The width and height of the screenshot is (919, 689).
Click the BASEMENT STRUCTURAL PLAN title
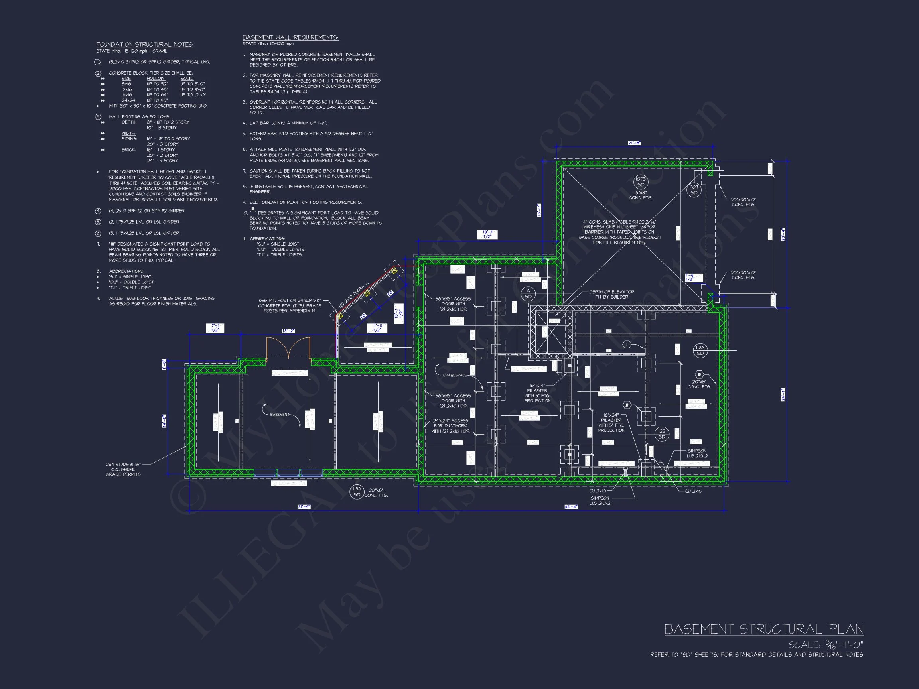[x=763, y=629]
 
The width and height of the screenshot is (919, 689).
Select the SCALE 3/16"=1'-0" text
[x=826, y=645]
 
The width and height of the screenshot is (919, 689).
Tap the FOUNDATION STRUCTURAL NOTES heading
[x=144, y=44]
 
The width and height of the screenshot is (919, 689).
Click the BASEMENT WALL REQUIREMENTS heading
[x=290, y=38]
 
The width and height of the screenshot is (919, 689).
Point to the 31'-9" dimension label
[x=304, y=507]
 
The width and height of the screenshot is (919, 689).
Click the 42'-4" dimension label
[x=570, y=507]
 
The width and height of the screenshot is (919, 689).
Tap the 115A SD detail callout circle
[x=357, y=492]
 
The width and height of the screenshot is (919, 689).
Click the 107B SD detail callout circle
[x=641, y=182]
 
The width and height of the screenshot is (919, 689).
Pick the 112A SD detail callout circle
[x=700, y=350]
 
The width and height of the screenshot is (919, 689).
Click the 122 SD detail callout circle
[x=662, y=434]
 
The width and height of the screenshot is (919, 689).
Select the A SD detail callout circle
[x=528, y=293]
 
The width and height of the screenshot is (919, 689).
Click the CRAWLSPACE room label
[x=455, y=375]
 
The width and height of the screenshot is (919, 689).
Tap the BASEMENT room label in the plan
[x=279, y=415]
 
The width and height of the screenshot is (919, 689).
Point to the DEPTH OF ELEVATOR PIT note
[x=611, y=294]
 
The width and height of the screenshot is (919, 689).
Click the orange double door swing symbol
[x=288, y=348]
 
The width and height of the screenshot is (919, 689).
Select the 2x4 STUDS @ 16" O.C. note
[x=123, y=469]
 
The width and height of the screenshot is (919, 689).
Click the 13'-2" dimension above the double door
[x=288, y=331]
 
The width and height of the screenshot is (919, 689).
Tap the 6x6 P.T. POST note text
[x=290, y=305]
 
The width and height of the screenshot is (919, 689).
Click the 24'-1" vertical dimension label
[x=783, y=395]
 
